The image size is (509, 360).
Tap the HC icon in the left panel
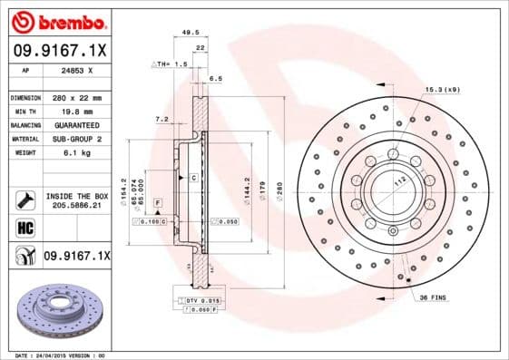pos(24,229)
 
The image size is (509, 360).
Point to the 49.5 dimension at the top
pos(191,32)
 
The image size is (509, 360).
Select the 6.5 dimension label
pos(215,79)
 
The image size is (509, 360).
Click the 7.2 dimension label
pos(162,119)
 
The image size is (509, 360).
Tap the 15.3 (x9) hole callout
pos(442,89)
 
